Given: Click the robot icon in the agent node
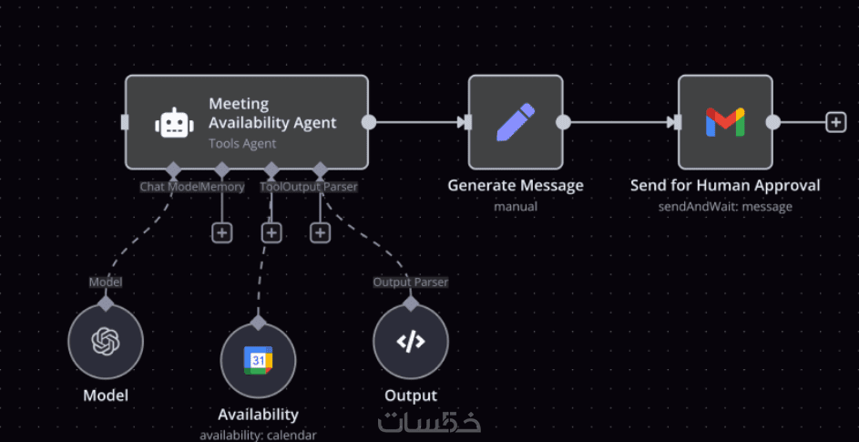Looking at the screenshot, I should click(174, 123).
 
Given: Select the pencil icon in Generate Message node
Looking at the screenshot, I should click(515, 122).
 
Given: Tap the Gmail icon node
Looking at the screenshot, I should click(725, 122).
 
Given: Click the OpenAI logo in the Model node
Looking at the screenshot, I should click(106, 342).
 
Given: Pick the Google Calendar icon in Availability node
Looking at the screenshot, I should click(258, 361).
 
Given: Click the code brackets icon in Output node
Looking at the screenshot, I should click(411, 342).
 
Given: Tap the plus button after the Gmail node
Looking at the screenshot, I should click(835, 122).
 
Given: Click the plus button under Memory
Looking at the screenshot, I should click(221, 232).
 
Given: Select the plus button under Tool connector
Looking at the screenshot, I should click(271, 232).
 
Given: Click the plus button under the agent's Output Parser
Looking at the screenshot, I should click(320, 232).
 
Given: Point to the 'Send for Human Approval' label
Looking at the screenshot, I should click(725, 185).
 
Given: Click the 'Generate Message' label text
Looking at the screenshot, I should click(516, 185).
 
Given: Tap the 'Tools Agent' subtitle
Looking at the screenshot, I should click(242, 143).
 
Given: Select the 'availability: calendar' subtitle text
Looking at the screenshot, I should click(258, 435).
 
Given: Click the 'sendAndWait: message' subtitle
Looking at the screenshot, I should click(725, 207).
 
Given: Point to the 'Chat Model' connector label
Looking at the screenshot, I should click(169, 187).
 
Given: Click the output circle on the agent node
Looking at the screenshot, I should click(369, 122).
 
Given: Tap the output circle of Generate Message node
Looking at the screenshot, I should click(564, 122).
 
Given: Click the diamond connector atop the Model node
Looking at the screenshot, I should click(106, 303).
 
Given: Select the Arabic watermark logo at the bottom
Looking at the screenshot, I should click(429, 421).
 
